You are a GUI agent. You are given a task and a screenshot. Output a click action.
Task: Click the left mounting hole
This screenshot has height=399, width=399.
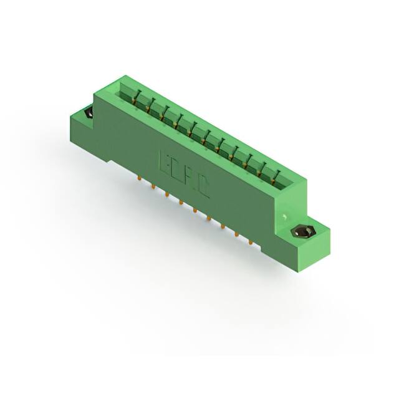(x=85, y=114)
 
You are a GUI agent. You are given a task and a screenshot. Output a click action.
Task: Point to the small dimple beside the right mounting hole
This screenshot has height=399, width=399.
(x=284, y=218)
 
